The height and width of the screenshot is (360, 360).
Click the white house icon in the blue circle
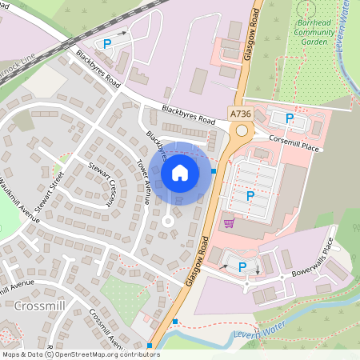(180, 172)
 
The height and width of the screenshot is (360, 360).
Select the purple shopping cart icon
(229, 222)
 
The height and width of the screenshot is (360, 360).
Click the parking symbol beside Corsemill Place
(290, 118)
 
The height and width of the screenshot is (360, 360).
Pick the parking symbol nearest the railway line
(107, 44)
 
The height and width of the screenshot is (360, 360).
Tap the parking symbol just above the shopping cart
(250, 195)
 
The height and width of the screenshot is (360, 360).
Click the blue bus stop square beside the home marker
(214, 170)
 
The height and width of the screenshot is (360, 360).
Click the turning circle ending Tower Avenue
(167, 221)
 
